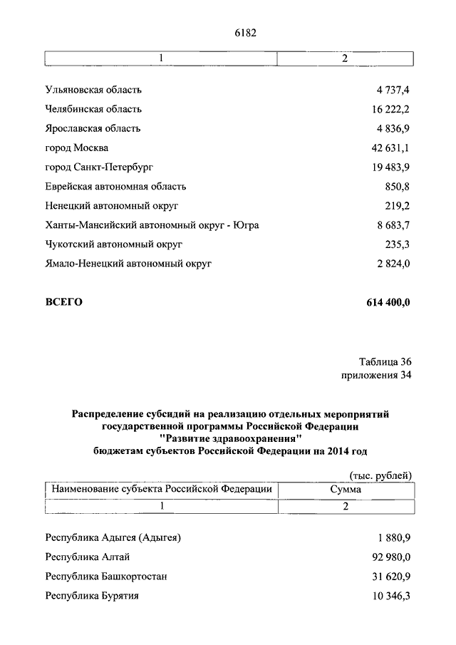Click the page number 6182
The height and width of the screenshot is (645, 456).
[x=244, y=32]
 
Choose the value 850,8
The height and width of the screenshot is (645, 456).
[x=397, y=187]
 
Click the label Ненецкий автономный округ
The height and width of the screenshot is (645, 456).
[x=111, y=206]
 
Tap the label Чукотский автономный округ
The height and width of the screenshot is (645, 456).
[x=114, y=244]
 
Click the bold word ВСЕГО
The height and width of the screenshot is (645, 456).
[x=64, y=302]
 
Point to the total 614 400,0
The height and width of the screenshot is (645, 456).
[x=388, y=302]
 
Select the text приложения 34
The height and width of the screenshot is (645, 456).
[x=376, y=375]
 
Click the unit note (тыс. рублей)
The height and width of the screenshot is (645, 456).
[x=380, y=476]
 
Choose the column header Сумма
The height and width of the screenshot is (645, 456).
[x=345, y=490]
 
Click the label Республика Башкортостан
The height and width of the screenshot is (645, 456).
[x=106, y=577]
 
